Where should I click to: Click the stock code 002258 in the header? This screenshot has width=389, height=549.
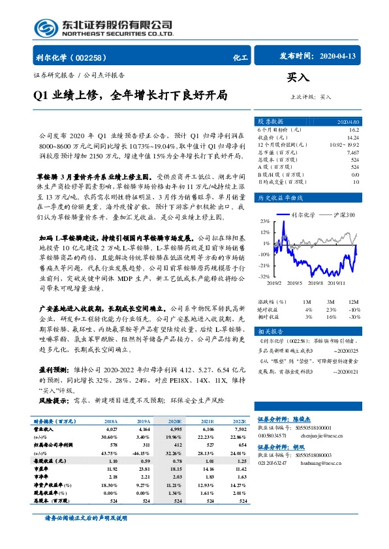95,57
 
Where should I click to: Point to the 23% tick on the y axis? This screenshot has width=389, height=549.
265,220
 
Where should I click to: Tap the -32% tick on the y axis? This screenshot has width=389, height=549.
264,276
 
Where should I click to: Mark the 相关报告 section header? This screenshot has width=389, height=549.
270,331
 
